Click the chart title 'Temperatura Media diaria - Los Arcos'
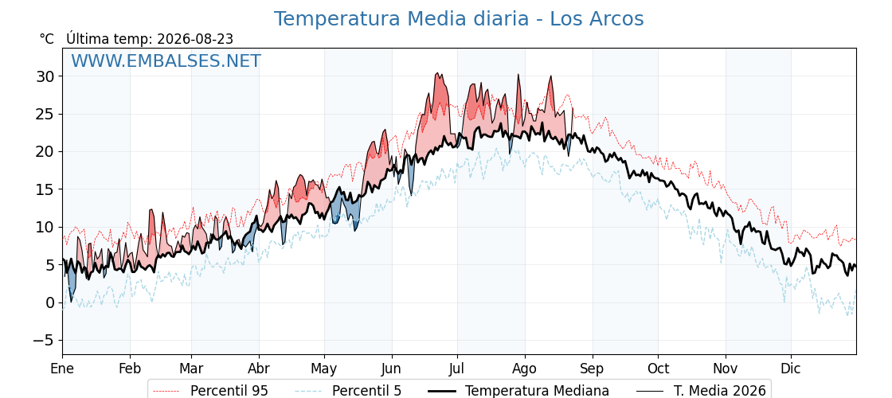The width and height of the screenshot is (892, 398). click(459, 19)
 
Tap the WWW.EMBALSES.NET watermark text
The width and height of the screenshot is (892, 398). click(166, 60)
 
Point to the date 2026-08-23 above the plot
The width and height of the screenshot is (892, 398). click(195, 39)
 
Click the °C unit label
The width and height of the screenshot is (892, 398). click(47, 39)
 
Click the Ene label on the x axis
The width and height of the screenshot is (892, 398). click(63, 369)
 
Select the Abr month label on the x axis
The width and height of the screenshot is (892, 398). click(259, 369)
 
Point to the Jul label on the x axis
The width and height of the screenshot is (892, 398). click(457, 369)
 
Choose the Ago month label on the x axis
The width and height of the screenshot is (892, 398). click(525, 369)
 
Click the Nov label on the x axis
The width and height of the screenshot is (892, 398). click(726, 369)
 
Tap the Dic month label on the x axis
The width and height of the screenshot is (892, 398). click(791, 369)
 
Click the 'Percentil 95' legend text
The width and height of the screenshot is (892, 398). click(229, 391)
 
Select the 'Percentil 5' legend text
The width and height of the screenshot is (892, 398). click(367, 391)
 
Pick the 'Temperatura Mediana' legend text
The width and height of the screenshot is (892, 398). click(537, 391)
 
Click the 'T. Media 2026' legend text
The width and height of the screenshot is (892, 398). click(720, 391)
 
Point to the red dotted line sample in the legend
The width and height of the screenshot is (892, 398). click(166, 391)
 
